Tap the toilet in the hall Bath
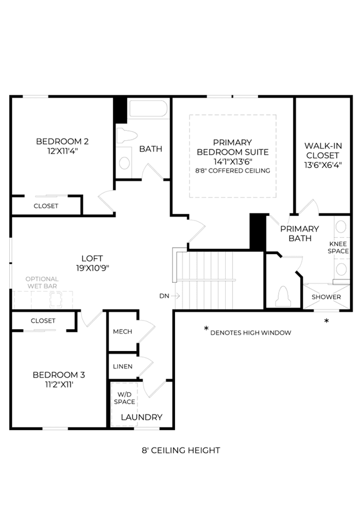click(x=127, y=135)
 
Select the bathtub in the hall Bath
click(x=148, y=108)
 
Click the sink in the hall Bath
click(x=124, y=163)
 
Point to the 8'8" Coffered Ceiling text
click(x=233, y=170)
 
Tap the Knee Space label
click(x=338, y=247)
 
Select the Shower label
click(x=326, y=297)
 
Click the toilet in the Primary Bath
click(x=283, y=296)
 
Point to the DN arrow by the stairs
click(x=176, y=296)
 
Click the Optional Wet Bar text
click(x=42, y=282)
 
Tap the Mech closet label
click(x=122, y=331)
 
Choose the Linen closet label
click(x=123, y=367)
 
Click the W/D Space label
click(x=124, y=398)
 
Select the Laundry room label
click(x=141, y=417)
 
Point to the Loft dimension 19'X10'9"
click(x=92, y=268)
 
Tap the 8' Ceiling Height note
click(x=181, y=450)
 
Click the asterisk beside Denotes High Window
click(x=206, y=329)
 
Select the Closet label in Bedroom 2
click(x=46, y=206)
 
